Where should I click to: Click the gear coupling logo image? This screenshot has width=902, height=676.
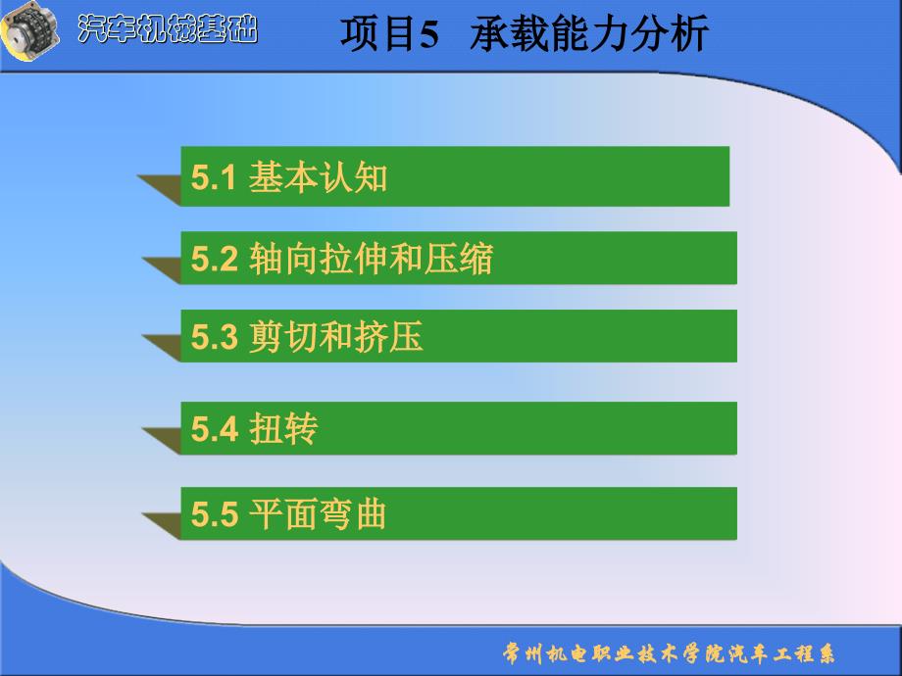click(30, 30)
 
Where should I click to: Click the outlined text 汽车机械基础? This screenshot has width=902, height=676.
click(168, 28)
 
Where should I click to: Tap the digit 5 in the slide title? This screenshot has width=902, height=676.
click(428, 34)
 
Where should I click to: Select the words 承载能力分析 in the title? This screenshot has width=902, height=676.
click(588, 34)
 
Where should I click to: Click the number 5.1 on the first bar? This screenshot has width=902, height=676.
click(214, 177)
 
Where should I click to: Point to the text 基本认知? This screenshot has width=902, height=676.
click(318, 176)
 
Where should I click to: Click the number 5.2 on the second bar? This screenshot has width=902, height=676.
click(214, 259)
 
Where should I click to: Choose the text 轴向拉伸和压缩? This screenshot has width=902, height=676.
click(371, 258)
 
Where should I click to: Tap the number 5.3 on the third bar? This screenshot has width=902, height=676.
click(214, 337)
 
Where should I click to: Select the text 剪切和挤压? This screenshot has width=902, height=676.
click(336, 336)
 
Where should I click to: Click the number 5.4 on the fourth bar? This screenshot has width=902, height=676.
click(214, 429)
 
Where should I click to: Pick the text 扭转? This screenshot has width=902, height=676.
click(283, 428)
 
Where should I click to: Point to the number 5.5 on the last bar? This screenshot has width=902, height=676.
click(214, 514)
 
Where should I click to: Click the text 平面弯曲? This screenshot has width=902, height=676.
click(318, 513)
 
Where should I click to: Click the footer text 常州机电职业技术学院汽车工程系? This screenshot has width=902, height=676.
click(669, 653)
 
